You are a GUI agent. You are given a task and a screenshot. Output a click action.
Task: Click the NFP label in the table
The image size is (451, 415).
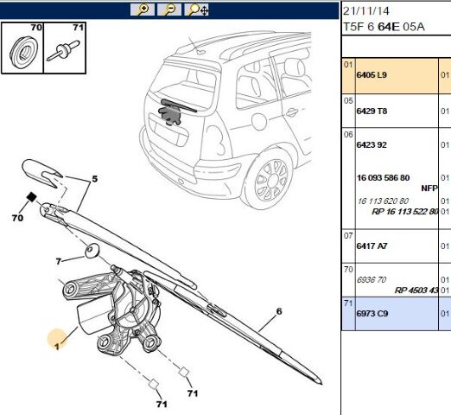coord(429,188)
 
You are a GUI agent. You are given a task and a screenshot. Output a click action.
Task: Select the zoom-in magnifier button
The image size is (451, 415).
coord(141,10)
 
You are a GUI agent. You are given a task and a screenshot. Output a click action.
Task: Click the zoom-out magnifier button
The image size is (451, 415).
coord(169,10)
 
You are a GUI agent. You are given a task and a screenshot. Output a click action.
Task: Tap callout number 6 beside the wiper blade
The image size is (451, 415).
coord(279,311)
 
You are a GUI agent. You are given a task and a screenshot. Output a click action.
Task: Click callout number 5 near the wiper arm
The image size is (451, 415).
coord(96,180)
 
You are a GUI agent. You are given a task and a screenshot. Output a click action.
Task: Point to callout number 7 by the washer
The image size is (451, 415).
coord(59,261)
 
